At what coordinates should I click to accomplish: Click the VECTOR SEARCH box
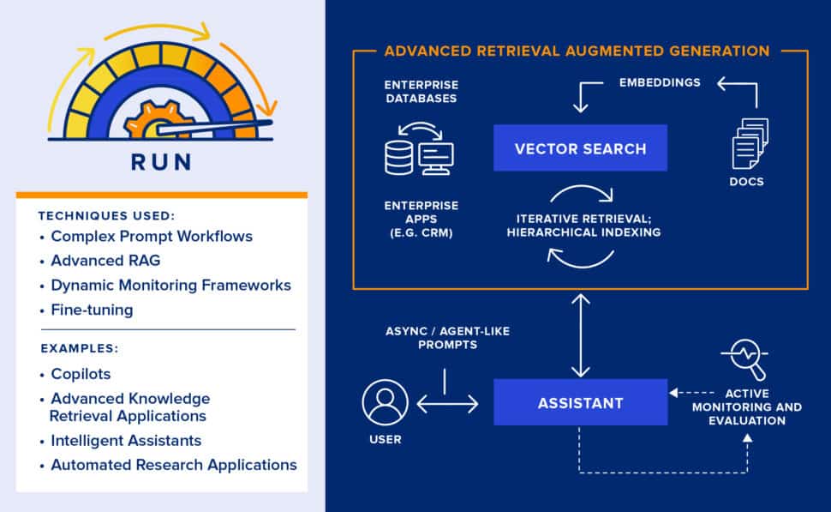tap(580, 148)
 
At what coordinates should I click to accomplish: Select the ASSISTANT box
tap(580, 402)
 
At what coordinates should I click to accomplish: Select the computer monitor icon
tap(437, 158)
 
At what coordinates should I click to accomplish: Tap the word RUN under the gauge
tap(161, 162)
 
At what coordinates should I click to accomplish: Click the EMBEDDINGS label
tap(660, 83)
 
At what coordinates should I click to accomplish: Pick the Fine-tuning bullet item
tap(91, 310)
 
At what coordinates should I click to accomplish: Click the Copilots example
tap(81, 374)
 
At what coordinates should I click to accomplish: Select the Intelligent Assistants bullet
tap(126, 440)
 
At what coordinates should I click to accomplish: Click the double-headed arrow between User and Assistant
tap(447, 402)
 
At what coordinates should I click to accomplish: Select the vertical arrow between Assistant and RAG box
tap(581, 334)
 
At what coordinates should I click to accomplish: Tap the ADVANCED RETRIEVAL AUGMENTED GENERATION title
tap(577, 51)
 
